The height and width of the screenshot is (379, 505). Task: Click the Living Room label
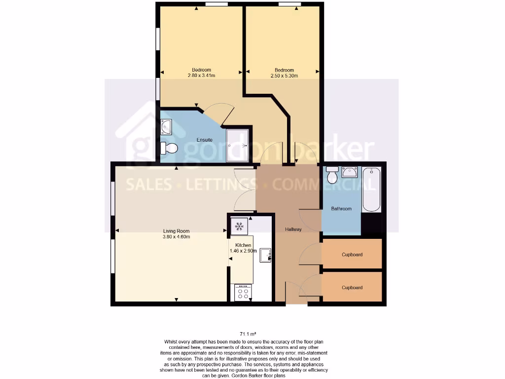point(177,231)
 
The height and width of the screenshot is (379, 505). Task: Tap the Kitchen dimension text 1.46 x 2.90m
point(243,251)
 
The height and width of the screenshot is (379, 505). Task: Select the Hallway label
point(293,229)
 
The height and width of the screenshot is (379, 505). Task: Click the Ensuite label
point(205,140)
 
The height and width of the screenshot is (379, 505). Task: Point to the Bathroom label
point(341,209)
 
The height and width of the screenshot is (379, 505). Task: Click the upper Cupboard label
point(352,255)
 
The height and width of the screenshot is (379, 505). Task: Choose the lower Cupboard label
point(352,287)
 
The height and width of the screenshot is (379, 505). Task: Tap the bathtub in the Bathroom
point(372,190)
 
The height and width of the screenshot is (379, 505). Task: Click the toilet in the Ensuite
point(169,148)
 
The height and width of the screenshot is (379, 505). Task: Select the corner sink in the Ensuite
point(166,126)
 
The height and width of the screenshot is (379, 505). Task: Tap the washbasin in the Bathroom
point(350,172)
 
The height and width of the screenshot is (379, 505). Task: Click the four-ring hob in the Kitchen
point(243,293)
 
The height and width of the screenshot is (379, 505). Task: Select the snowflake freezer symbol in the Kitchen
point(239,227)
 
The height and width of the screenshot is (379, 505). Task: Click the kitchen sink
point(266,255)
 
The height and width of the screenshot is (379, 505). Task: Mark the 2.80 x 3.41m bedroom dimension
point(201,76)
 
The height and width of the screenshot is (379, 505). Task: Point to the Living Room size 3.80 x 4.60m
point(177,237)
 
